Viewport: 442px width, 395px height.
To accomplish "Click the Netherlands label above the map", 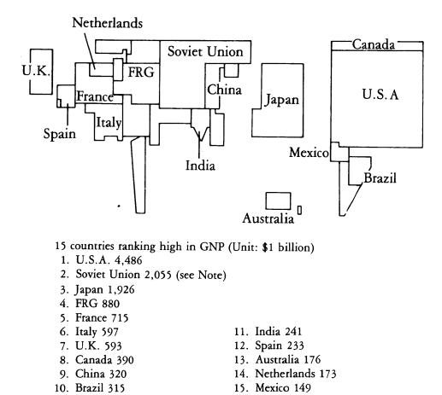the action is coord(107,23).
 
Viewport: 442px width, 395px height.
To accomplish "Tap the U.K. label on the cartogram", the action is coord(36,70).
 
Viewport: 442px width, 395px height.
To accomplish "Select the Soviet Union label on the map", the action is coord(205,52).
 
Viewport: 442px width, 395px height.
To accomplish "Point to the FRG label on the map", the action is coord(141,72).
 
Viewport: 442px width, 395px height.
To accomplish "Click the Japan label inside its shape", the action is coord(282,100).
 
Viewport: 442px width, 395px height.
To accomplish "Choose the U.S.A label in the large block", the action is coord(380,94).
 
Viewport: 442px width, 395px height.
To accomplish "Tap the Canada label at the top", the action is coord(374,44).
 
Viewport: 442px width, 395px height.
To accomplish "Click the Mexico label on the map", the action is coord(309,153).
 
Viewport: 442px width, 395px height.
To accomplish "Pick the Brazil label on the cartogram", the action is coord(380,178).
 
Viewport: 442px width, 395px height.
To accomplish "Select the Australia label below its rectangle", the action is coord(268,218).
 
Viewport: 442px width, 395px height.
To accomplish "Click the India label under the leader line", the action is coord(200,166).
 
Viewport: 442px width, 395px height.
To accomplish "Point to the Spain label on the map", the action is coord(60,134).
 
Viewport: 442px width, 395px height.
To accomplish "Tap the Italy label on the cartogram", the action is coord(109,123).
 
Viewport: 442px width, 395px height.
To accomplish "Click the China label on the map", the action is coord(224,90).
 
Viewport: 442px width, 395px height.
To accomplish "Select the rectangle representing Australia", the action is coord(279,200).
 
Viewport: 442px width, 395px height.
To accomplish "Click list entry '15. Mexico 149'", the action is coord(273,387).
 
